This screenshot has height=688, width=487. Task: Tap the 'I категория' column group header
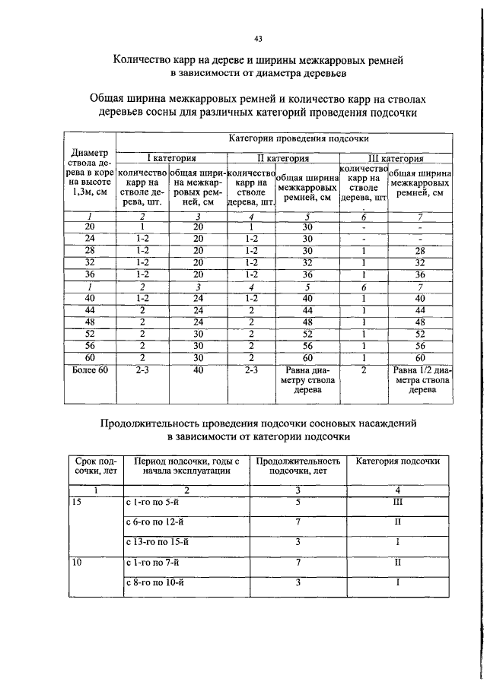pos(172,158)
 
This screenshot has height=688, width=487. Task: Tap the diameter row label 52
pos(91,333)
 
